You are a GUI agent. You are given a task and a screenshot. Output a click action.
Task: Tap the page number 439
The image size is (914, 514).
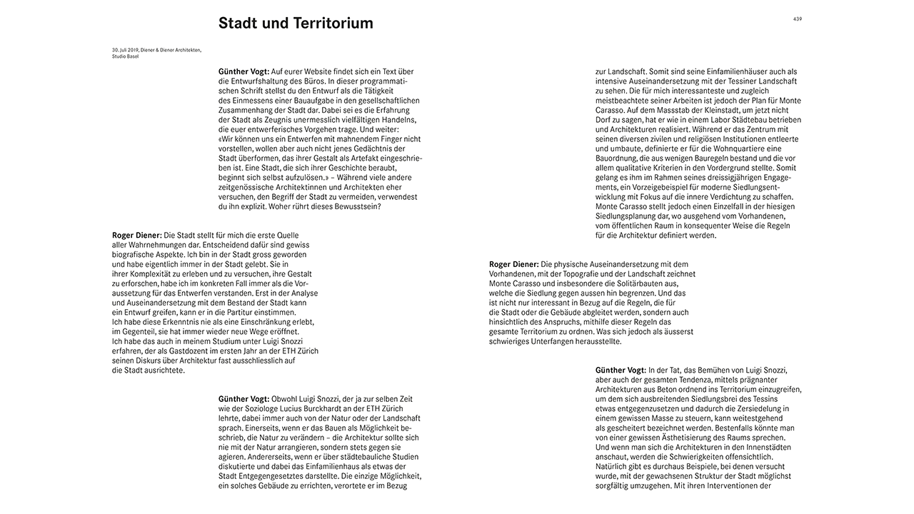click(797, 19)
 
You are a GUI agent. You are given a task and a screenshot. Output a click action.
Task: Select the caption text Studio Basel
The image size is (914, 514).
click(125, 56)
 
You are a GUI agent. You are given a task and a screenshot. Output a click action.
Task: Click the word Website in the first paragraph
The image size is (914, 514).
click(348, 71)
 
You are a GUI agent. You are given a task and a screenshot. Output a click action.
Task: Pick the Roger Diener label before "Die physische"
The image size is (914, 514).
click(513, 264)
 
